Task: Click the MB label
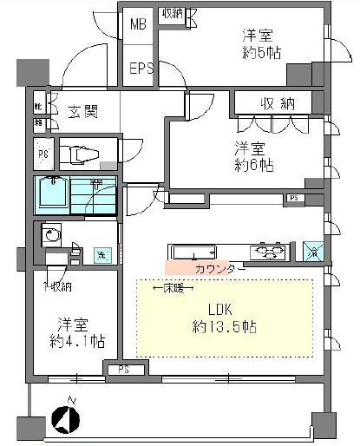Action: [x=138, y=24]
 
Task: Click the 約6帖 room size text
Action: [x=253, y=166]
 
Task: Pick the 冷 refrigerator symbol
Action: [x=314, y=252]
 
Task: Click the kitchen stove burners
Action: [x=269, y=253]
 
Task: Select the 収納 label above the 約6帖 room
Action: [x=276, y=103]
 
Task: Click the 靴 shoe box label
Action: [x=39, y=107]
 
